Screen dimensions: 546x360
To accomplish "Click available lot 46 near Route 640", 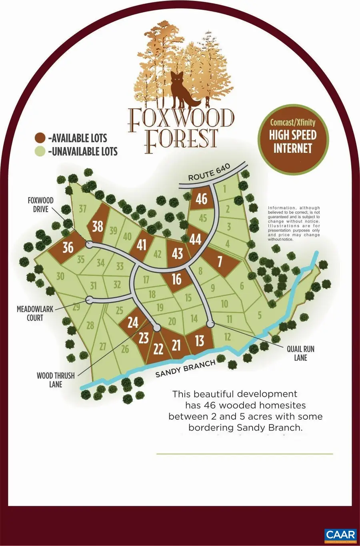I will (202, 198).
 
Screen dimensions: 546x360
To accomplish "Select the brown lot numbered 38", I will (98, 226).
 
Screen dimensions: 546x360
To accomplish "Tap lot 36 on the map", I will (68, 247).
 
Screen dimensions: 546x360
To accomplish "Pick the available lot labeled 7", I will (220, 261).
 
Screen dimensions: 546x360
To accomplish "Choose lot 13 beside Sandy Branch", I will (199, 341).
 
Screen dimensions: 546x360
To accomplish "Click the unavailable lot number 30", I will (60, 276).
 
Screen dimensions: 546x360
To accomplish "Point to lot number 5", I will (260, 315).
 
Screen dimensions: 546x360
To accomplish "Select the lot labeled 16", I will (176, 279).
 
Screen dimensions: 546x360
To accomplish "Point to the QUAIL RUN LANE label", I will (300, 353).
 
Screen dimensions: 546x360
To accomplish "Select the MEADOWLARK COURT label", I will (35, 313).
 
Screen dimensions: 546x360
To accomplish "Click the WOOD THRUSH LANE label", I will (56, 380).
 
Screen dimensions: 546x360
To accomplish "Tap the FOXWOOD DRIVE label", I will (40, 205).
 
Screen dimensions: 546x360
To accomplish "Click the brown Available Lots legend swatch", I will (40, 138).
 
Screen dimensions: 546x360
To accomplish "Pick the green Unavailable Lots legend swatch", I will (40, 151).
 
